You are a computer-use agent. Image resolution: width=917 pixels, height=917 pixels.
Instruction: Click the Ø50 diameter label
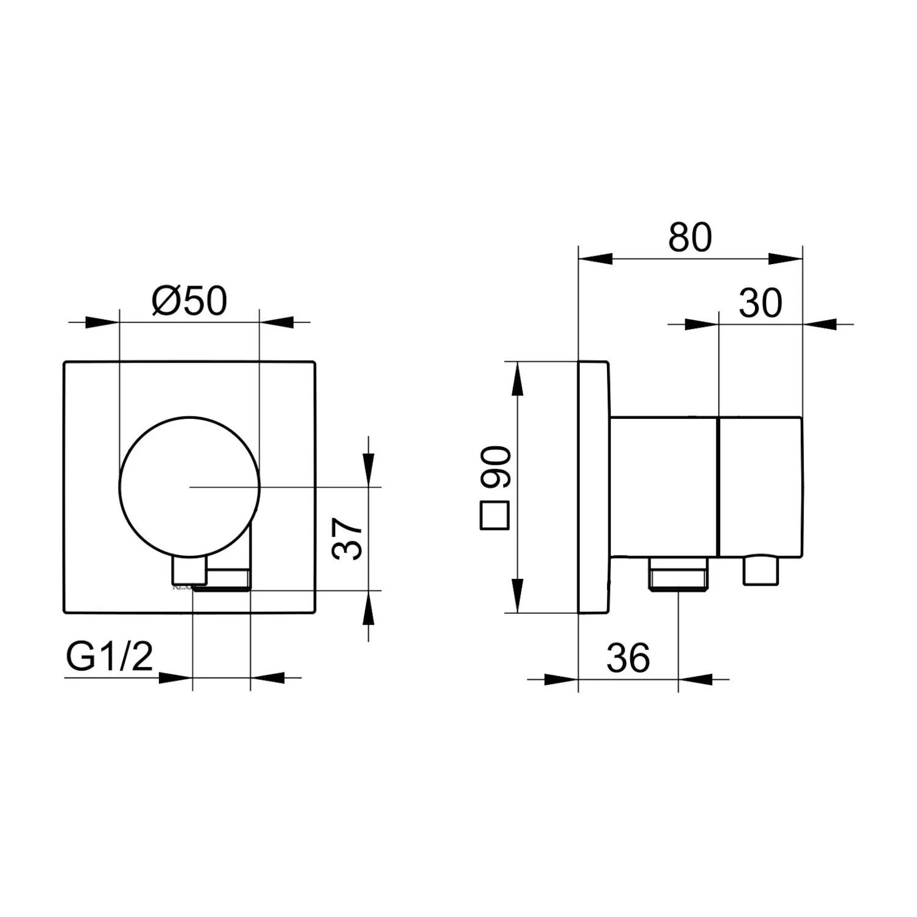(190, 301)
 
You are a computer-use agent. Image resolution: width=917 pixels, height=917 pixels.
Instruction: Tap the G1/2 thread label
(109, 658)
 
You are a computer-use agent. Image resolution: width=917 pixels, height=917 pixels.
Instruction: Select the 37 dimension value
(347, 538)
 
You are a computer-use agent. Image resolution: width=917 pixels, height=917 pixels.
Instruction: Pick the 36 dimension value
(628, 658)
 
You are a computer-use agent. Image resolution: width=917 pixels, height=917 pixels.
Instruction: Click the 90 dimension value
(495, 467)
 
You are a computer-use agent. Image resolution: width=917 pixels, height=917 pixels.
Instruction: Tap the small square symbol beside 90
(495, 515)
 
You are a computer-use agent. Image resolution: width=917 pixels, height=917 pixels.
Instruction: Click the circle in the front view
(190, 418)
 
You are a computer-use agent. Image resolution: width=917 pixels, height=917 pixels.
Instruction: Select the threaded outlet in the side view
(679, 575)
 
